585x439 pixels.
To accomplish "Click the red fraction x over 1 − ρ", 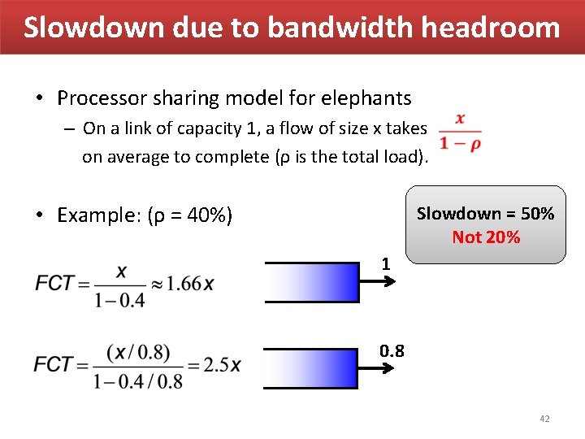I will tap(460, 131).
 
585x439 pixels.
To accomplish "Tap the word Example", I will tap(96, 215).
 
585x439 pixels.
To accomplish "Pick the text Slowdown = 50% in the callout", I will tap(485, 214).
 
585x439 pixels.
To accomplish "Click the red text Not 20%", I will tap(486, 237).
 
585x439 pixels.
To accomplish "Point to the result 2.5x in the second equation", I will tap(223, 364).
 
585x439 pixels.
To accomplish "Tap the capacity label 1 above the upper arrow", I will tap(387, 264).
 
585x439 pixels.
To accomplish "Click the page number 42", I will tap(544, 419).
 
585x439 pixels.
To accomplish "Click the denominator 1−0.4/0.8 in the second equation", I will tap(137, 380).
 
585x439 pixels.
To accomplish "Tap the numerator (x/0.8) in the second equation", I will tap(138, 351).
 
